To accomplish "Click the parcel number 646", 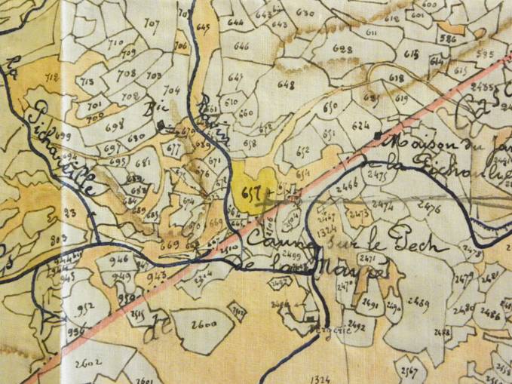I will point(241,46).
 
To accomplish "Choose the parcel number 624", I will point(361,124).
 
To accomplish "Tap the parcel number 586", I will point(448,38).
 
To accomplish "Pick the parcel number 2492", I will point(358,327).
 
